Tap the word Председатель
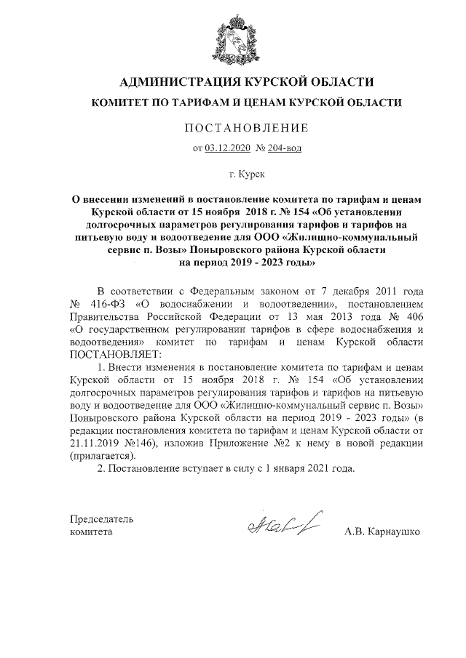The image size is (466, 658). pyautogui.click(x=101, y=519)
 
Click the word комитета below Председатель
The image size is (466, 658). pyautogui.click(x=91, y=532)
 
